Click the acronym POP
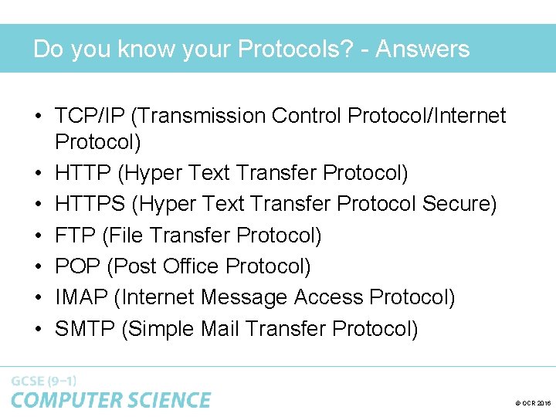78,266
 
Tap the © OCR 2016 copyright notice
532,404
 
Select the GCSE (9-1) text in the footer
43,381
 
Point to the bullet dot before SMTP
38,330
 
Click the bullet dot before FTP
38,236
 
